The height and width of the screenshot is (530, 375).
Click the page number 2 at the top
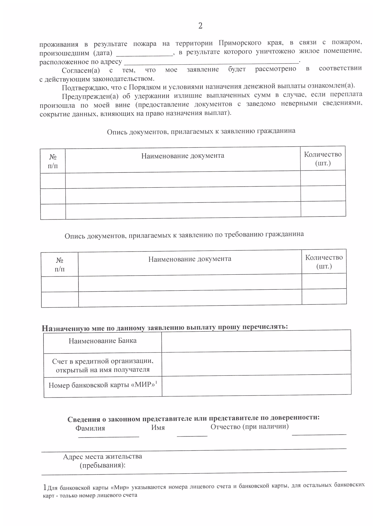pos(200,26)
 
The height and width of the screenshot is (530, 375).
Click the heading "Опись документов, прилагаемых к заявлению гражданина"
pos(201,131)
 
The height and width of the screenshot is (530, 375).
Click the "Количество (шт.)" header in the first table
pos(323,159)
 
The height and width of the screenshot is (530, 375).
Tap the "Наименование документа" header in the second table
pos(190,259)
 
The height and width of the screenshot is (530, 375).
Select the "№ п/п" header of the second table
pos(60,265)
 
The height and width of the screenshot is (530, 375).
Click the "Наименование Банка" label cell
pos(102,341)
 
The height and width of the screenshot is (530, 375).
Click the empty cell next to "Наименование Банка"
pos(256,341)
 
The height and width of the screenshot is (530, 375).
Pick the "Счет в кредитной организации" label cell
pos(102,365)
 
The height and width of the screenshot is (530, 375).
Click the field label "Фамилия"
pos(90,428)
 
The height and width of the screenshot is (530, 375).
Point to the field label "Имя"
pos(158,427)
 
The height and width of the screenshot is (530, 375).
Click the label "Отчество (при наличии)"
pos(249,426)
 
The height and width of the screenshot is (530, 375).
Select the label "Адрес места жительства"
pos(102,456)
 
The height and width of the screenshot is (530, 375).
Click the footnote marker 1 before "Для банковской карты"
pos(45,487)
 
